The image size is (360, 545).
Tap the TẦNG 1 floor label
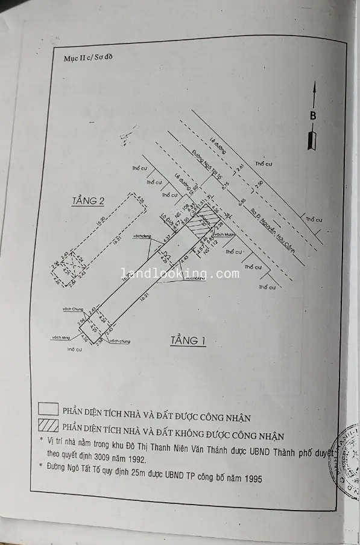(188, 341)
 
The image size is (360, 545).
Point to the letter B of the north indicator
(313, 115)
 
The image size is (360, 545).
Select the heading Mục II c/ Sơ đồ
(88, 58)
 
